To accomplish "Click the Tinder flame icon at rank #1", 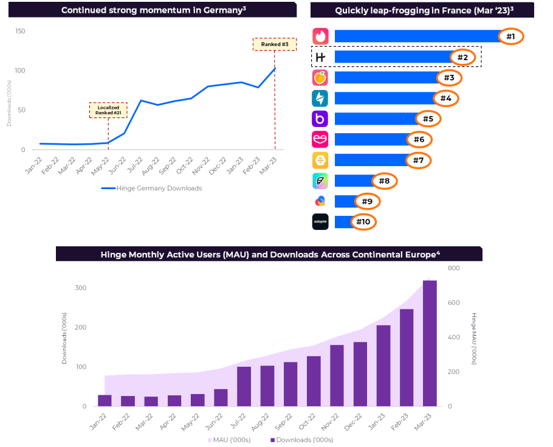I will coord(320,36).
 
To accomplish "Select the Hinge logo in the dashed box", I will coord(320,57).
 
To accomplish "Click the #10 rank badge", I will coord(363,222).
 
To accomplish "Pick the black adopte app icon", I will coord(320,222).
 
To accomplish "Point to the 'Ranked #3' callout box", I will coord(274,44).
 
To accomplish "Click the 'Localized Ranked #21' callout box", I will coord(108,110).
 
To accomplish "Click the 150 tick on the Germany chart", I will coord(20,31).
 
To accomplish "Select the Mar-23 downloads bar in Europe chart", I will coord(430,343).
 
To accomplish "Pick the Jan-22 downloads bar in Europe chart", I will coord(105,400).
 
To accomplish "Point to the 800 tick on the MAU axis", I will coord(454,268).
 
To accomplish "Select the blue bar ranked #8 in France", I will coord(354,181).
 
